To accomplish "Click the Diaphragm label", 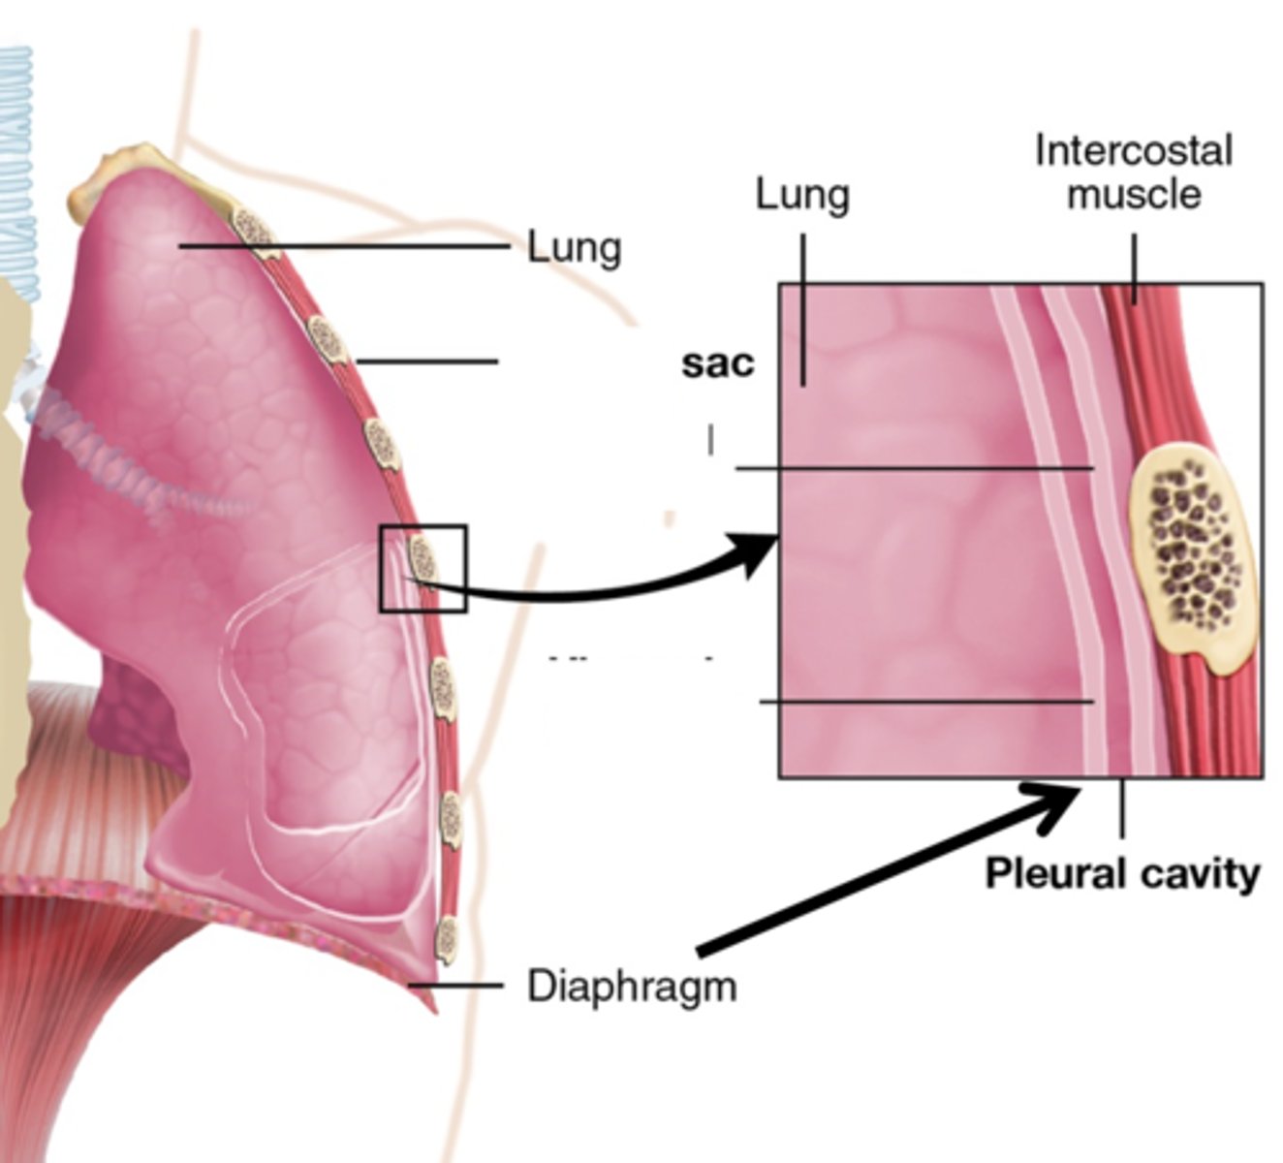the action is pos(631,987).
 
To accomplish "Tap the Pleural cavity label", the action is pos(1122,874).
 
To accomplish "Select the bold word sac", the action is pos(717,363).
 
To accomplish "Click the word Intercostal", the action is pos(1133,151).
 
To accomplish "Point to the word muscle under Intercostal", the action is pos(1133,194).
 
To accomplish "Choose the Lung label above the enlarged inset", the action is pos(802,196).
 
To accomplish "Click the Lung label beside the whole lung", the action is pos(574,247).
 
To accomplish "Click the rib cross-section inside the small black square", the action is pos(423,559).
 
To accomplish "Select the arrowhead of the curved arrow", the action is pos(761,553).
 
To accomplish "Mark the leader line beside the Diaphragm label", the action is pos(455,986).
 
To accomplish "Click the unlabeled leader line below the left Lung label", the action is pos(426,361).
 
